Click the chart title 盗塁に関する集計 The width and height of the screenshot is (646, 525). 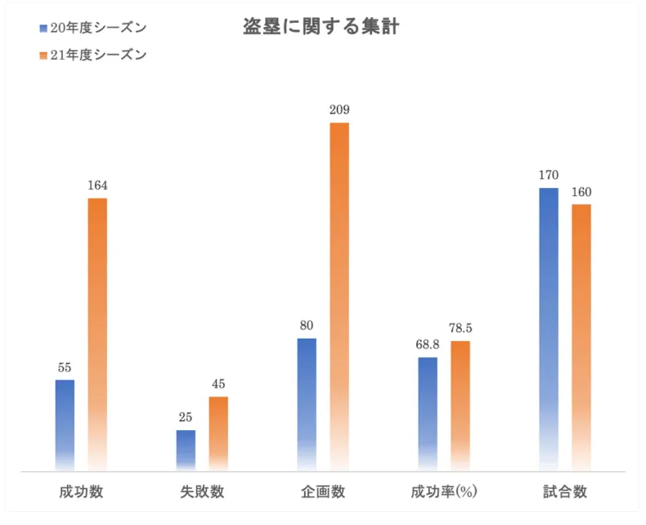tap(321, 27)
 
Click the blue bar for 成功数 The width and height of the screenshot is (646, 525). tap(65, 424)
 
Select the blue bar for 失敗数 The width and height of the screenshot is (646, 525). tap(186, 450)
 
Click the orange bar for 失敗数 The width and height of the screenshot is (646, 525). tap(218, 433)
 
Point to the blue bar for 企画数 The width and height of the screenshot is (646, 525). tap(307, 404)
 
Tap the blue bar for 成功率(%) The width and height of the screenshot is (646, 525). tap(428, 413)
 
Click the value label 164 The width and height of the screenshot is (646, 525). tap(97, 186)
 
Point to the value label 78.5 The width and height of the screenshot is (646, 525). tap(460, 329)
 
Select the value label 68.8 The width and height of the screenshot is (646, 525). tap(428, 345)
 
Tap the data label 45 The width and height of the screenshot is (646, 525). tap(218, 384)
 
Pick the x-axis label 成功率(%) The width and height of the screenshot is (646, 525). tap(444, 492)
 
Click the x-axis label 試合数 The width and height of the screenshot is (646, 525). tap(565, 492)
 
